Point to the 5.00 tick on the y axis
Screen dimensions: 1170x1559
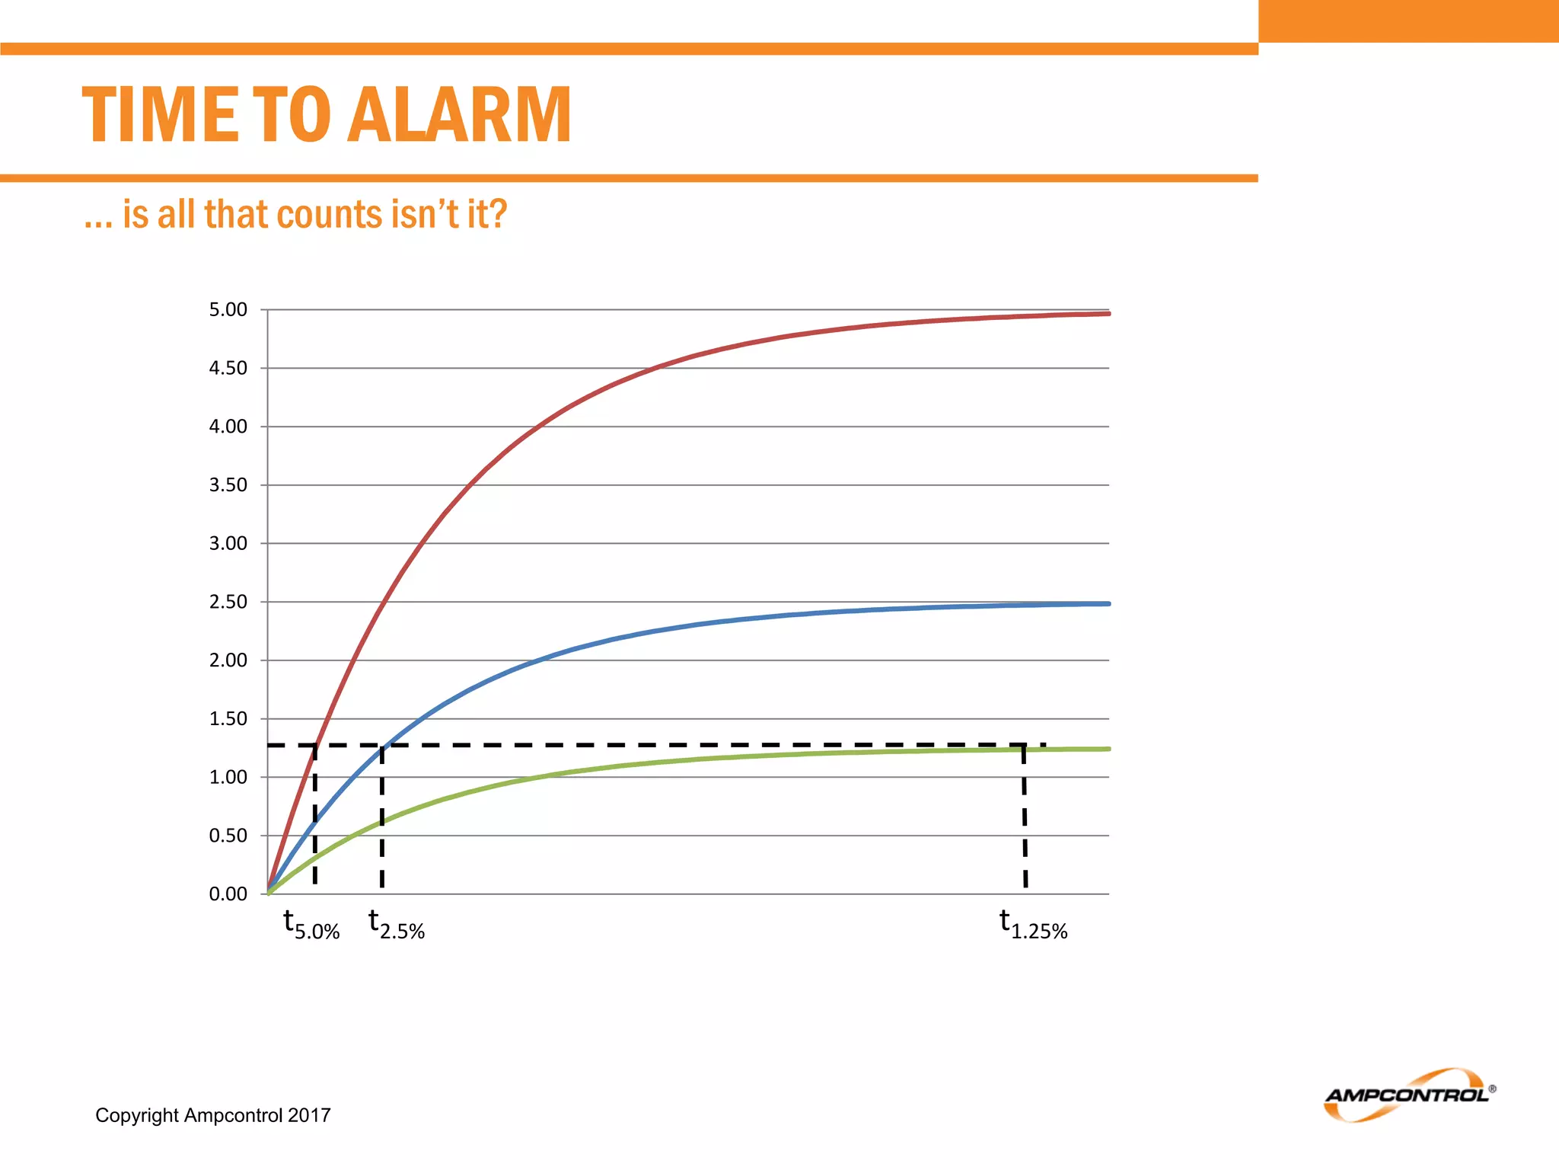coord(228,310)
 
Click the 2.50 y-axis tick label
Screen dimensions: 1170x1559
coord(228,602)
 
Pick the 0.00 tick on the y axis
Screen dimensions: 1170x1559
coord(228,894)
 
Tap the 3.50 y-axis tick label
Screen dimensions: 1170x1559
coord(228,485)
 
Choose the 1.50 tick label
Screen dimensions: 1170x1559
coord(228,719)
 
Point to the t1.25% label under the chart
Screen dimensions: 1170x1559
coord(1034,925)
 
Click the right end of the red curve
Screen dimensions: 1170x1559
coord(1108,314)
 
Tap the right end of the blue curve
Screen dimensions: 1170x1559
coord(1108,604)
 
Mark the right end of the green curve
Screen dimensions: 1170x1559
coord(1108,750)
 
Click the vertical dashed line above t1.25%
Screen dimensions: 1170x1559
coord(1025,815)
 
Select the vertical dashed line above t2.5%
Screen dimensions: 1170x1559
coord(382,815)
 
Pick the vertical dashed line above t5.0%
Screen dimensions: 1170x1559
coord(315,815)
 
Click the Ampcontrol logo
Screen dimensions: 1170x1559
coord(1408,1095)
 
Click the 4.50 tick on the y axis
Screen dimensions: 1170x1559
coord(228,369)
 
